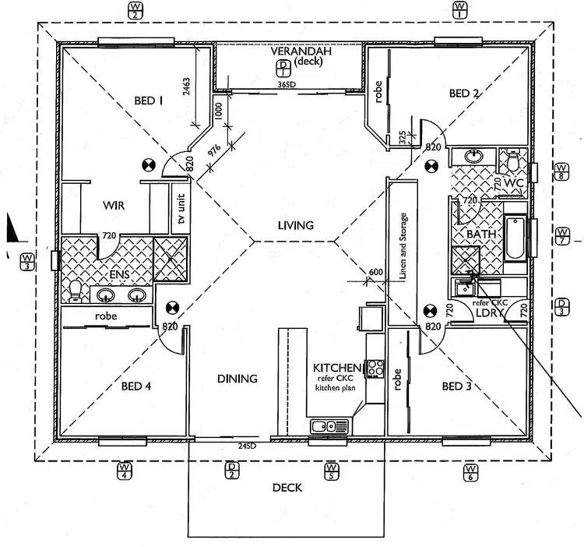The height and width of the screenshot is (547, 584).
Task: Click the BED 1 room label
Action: pyautogui.click(x=148, y=100)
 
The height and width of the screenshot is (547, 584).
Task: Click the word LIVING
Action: pyautogui.click(x=295, y=226)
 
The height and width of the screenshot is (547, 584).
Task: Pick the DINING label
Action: pyautogui.click(x=237, y=379)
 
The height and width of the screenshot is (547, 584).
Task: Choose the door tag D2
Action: pyautogui.click(x=231, y=471)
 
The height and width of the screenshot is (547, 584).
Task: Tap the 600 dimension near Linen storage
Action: pyautogui.click(x=376, y=271)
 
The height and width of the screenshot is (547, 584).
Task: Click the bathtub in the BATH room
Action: pyautogui.click(x=515, y=238)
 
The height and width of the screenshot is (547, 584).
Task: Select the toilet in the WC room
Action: pyautogui.click(x=513, y=161)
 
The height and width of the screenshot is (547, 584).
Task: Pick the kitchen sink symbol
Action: pyautogui.click(x=329, y=425)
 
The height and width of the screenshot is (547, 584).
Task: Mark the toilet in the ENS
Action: pyautogui.click(x=76, y=291)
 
